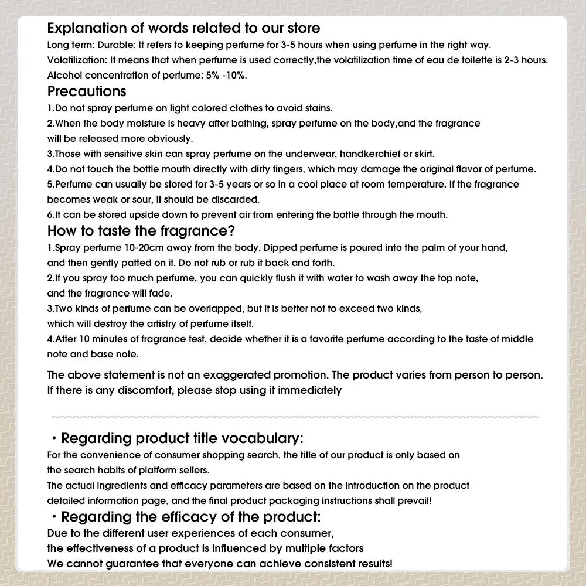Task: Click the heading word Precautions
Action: [x=86, y=91]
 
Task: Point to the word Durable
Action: [x=107, y=45]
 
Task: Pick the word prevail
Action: [x=414, y=501]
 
